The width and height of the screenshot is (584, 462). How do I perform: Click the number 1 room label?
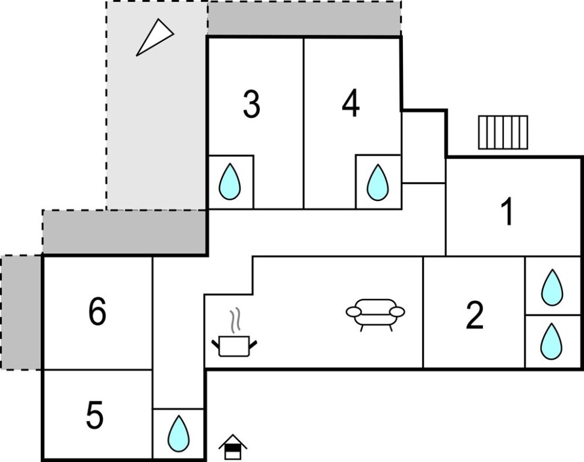tap(508, 212)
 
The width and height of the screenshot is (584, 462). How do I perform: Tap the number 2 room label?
tap(475, 315)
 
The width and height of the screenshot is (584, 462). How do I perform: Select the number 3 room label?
tap(251, 104)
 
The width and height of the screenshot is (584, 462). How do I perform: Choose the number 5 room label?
tap(95, 416)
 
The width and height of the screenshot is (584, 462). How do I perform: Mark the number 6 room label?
tap(97, 312)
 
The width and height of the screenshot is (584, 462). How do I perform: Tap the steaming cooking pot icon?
tap(235, 345)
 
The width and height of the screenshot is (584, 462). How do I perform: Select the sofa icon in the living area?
tap(375, 313)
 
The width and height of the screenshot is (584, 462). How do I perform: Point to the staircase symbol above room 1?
tap(503, 132)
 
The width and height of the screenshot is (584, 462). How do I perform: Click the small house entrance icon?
tap(233, 447)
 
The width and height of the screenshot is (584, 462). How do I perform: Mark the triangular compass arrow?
tap(154, 37)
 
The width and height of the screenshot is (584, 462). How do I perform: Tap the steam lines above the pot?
tap(235, 319)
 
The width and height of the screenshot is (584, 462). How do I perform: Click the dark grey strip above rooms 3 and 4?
tap(304, 18)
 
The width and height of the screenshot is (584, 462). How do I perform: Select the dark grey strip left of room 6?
tap(21, 312)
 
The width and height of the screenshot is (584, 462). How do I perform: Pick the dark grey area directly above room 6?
tap(124, 232)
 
